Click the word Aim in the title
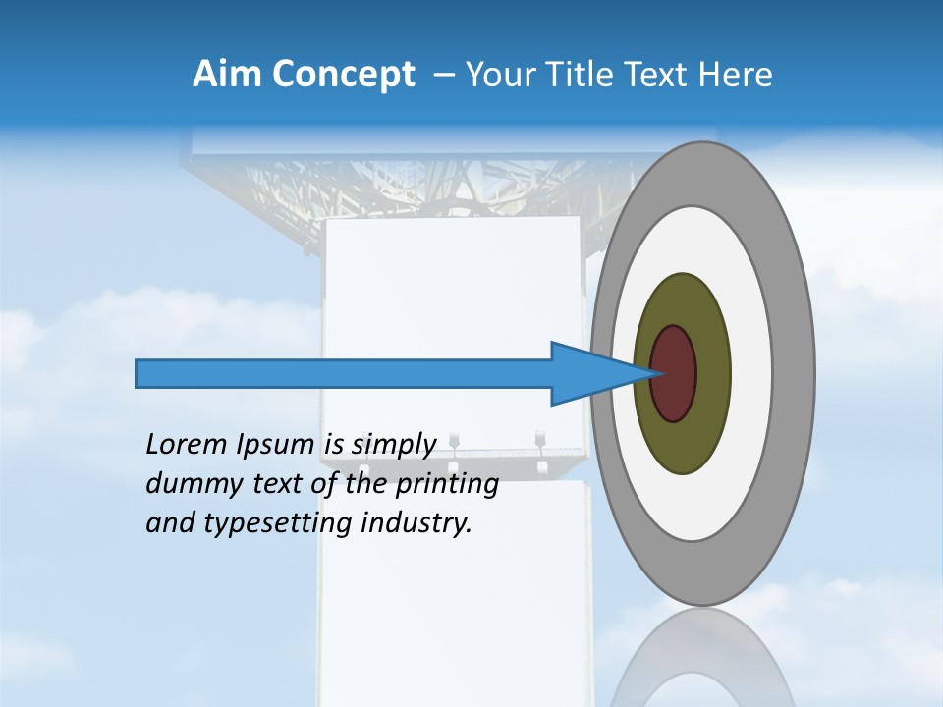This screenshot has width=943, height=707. click(x=227, y=75)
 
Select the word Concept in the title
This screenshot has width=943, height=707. click(x=344, y=76)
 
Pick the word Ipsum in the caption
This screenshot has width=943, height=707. click(x=276, y=446)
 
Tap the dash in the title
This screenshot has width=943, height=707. click(x=443, y=76)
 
